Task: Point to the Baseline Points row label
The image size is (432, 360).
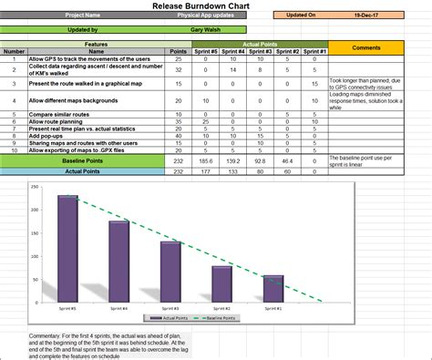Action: pyautogui.click(x=83, y=159)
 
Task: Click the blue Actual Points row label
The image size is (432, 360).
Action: pyautogui.click(x=83, y=170)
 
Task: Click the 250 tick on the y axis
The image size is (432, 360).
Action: pyautogui.click(x=35, y=187)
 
